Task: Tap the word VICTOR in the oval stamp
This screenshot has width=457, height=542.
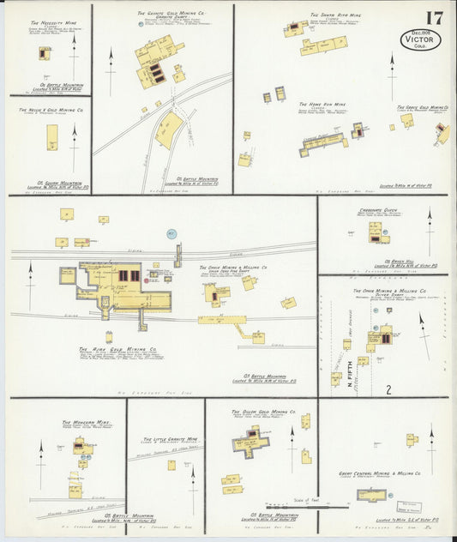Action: point(420,39)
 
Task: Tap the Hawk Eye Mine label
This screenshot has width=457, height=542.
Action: point(327,104)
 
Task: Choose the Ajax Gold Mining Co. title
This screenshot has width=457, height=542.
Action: point(117,350)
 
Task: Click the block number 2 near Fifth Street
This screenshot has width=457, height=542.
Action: point(388,389)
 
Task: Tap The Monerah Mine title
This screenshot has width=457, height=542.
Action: point(85,422)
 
